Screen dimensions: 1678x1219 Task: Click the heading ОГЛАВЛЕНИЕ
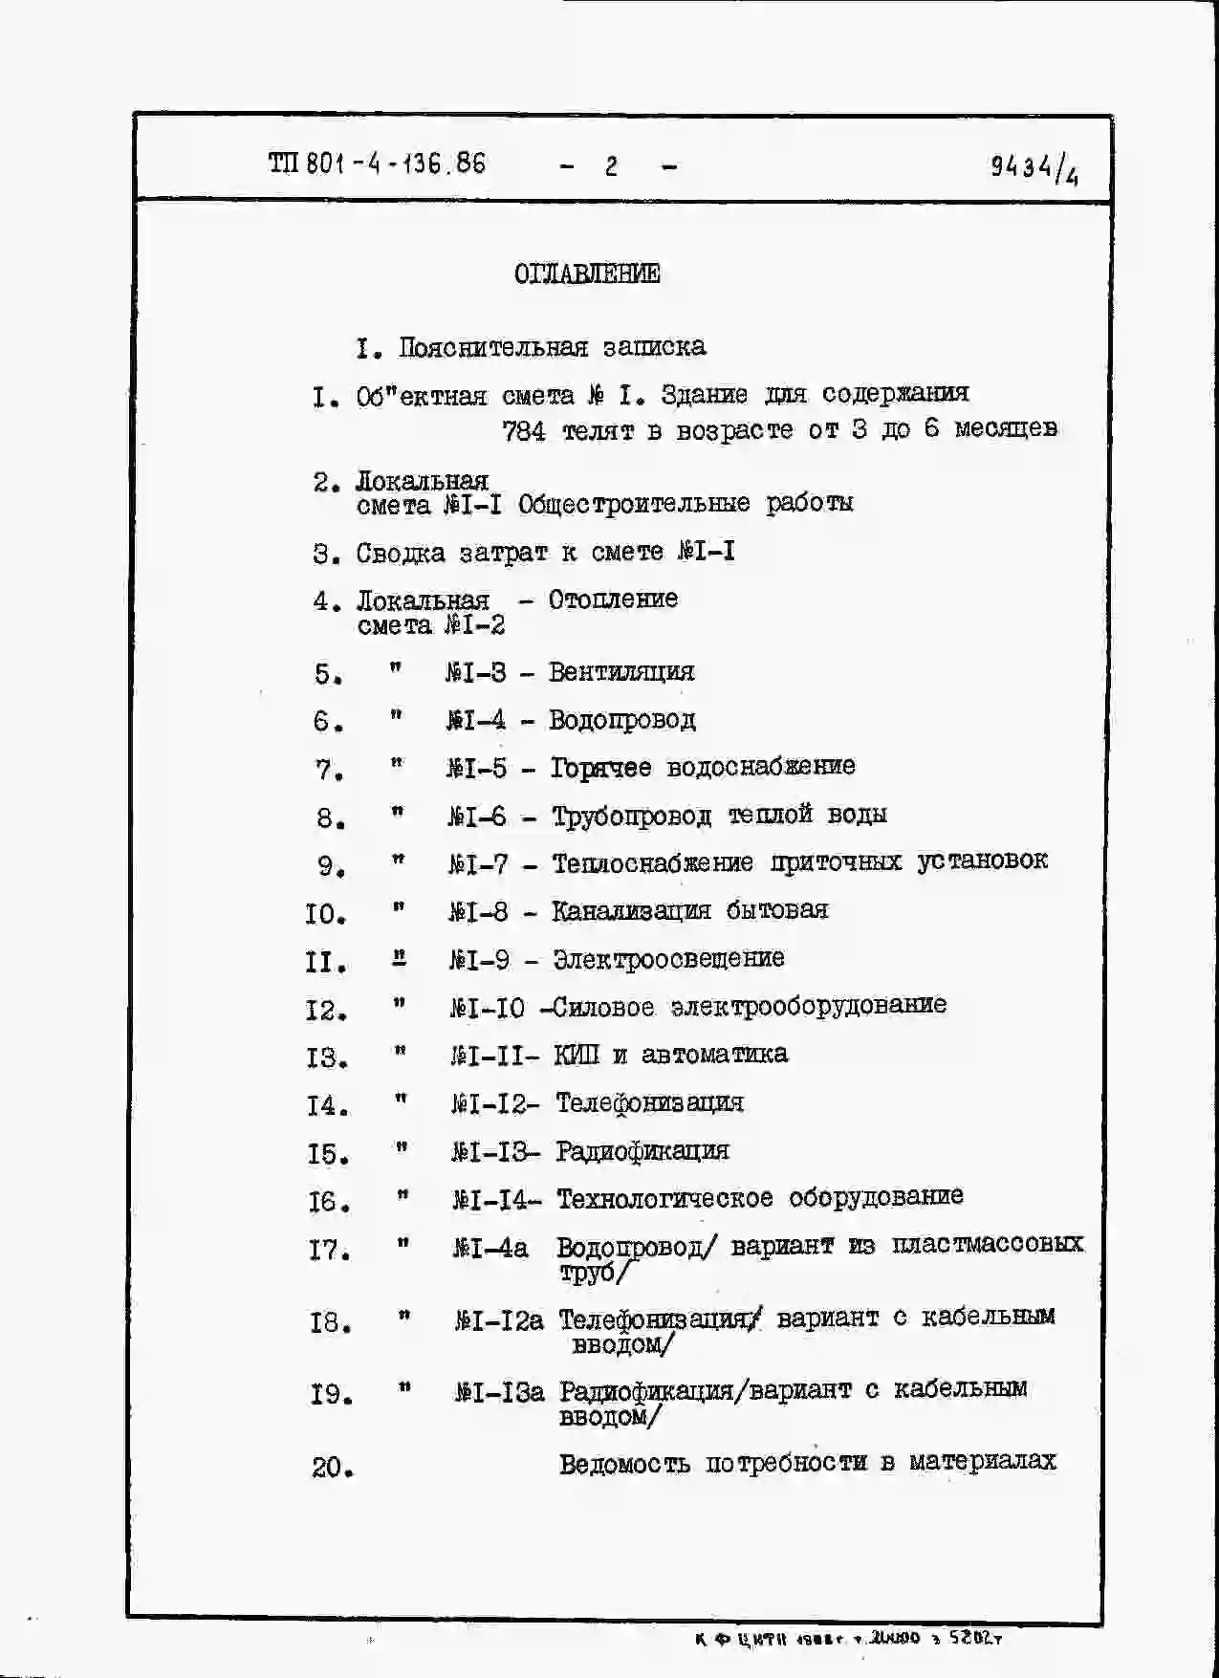click(x=586, y=274)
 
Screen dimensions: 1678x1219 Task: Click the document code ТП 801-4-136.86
click(x=377, y=163)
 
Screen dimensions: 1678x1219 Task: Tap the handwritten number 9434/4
click(x=1034, y=169)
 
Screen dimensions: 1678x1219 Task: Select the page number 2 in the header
click(x=611, y=166)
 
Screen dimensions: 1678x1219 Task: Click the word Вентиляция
click(x=621, y=672)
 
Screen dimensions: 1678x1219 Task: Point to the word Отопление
click(x=613, y=600)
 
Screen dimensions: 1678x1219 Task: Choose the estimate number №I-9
click(x=479, y=959)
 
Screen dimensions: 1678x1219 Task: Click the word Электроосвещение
click(x=668, y=959)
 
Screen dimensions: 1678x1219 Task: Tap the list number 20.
click(x=332, y=1467)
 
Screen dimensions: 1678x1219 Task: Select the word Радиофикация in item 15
click(x=642, y=1151)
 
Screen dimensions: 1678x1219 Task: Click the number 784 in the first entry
click(x=524, y=431)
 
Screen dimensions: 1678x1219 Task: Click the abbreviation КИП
click(x=577, y=1055)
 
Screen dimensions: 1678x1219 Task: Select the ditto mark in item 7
click(x=397, y=764)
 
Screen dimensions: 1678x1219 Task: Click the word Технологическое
click(x=664, y=1198)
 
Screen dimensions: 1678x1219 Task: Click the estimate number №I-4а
click(x=490, y=1249)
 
